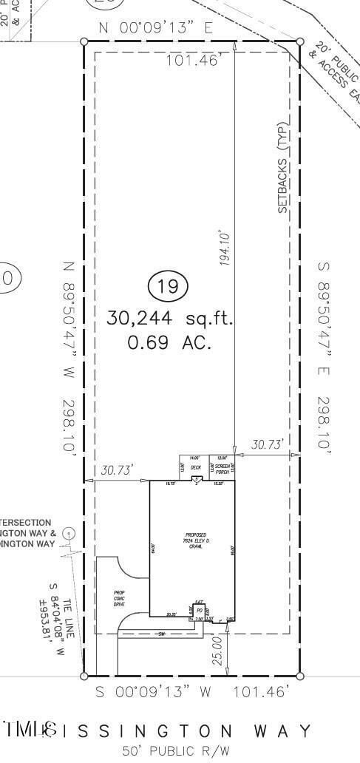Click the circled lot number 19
(169, 287)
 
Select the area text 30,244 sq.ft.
(170, 319)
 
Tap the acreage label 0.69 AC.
(170, 343)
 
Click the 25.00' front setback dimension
(217, 650)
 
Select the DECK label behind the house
(195, 467)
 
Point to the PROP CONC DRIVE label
(119, 598)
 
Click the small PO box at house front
(199, 610)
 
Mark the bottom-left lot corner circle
(84, 676)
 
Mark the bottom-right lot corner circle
(300, 676)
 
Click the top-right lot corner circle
(300, 42)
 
